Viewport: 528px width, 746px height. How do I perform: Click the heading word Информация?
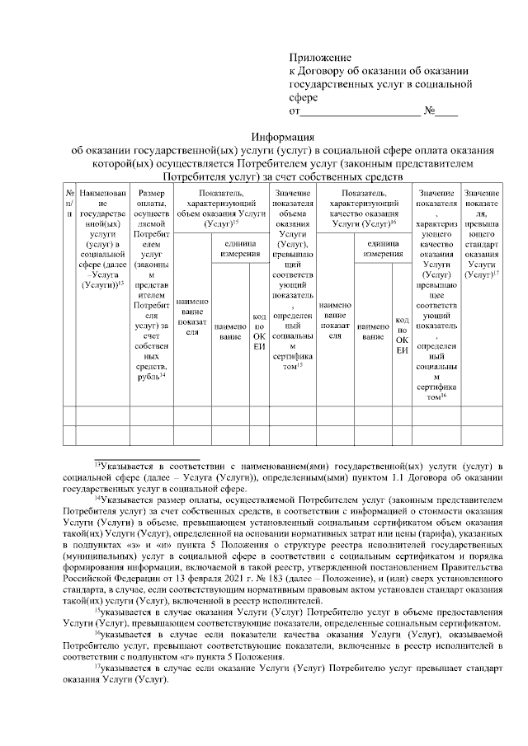click(283, 138)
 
